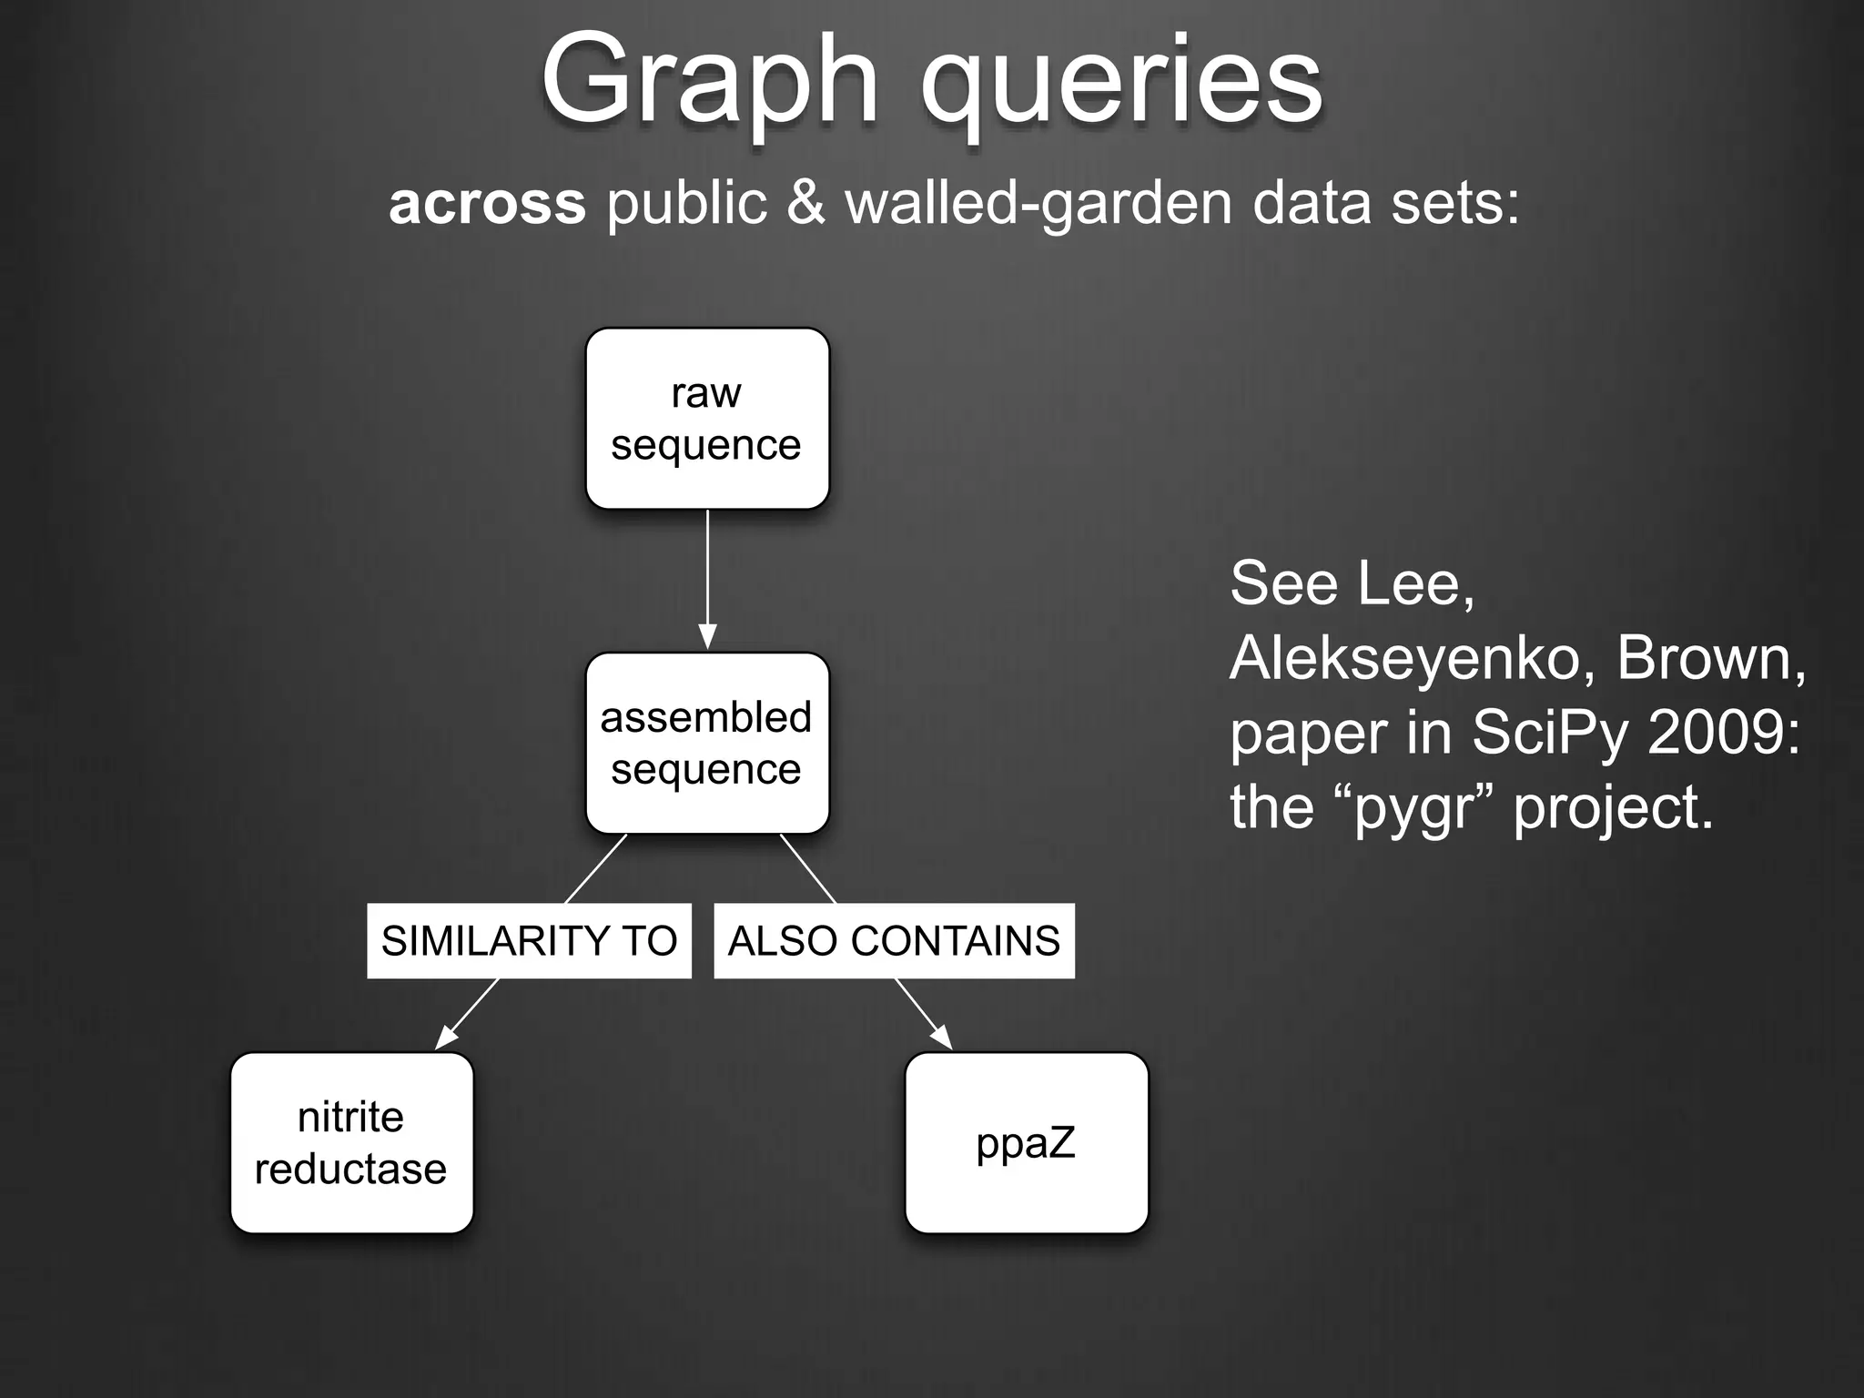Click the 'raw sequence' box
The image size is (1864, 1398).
click(707, 419)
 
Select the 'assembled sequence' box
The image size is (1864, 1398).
click(707, 743)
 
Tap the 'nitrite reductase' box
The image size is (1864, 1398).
click(351, 1143)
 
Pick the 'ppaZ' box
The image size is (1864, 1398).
click(1027, 1143)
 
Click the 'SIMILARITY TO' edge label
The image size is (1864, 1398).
click(529, 941)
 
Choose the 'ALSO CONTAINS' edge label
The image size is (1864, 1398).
click(894, 941)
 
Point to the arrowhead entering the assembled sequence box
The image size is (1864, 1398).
click(707, 637)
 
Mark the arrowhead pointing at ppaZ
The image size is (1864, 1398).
click(941, 1037)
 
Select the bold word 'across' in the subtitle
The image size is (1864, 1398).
click(487, 202)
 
